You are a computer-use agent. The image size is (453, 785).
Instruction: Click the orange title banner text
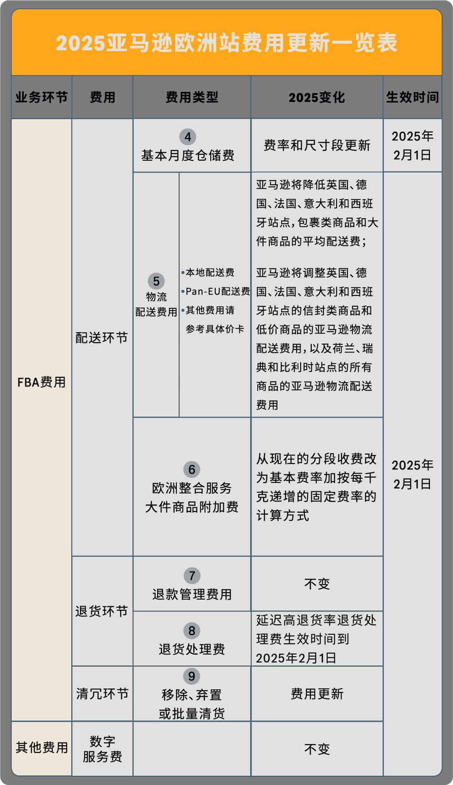226,43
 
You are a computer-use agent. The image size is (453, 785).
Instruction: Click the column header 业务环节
41,97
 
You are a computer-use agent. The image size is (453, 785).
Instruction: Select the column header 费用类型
192,97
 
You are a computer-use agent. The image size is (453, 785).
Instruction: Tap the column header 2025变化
316,97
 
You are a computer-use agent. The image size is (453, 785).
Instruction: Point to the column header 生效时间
412,97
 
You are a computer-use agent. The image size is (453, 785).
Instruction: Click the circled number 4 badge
187,137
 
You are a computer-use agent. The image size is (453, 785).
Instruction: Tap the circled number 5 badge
156,281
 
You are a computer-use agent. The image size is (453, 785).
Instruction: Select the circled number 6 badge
192,469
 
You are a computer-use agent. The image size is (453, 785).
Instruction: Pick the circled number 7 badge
192,576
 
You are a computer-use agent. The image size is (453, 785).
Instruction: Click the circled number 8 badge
192,631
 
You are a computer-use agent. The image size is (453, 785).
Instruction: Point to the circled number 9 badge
192,676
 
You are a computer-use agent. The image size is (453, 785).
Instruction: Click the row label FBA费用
41,382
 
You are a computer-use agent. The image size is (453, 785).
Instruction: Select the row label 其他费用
41,747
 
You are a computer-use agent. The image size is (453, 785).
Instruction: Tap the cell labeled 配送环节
102,338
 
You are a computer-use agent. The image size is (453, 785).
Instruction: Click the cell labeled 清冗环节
102,694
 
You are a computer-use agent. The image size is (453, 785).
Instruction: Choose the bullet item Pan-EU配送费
217,291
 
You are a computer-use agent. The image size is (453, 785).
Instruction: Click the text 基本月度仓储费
187,156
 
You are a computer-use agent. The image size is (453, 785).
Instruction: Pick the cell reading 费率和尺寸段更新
317,145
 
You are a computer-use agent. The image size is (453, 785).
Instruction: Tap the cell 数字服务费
102,749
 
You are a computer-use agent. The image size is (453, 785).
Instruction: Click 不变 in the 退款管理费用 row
317,584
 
